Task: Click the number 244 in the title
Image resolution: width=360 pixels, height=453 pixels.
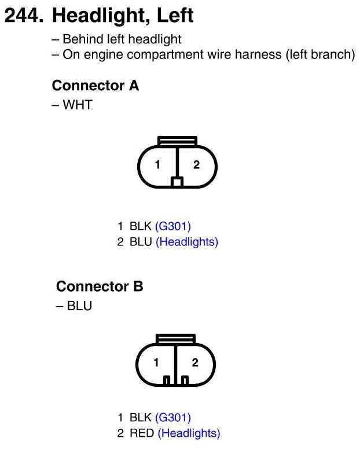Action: point(22,16)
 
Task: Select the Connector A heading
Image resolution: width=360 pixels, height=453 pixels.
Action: point(95,86)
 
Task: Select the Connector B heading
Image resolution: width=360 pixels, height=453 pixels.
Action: point(100,286)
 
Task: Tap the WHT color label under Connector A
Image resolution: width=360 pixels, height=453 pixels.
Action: point(78,105)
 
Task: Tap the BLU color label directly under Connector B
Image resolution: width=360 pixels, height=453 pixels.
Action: point(79,306)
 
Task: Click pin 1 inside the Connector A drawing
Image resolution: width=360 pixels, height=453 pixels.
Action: point(157,165)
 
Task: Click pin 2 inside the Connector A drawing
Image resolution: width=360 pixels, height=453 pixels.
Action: point(196,165)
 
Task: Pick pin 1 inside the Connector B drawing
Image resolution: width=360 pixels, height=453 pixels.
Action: point(156,363)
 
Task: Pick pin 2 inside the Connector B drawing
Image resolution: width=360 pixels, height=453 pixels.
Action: point(195,363)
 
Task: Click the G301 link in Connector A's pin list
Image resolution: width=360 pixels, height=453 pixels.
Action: point(173,226)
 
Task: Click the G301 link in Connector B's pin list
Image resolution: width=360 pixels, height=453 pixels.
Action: point(173,417)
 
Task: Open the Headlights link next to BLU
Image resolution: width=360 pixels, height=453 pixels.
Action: point(187,242)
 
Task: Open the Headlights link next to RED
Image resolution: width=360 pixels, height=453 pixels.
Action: point(189,433)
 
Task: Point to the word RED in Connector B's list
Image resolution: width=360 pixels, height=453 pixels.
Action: point(142,433)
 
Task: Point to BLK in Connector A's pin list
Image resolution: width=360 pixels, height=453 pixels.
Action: point(141,226)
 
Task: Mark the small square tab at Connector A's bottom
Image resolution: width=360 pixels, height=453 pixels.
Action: point(177,182)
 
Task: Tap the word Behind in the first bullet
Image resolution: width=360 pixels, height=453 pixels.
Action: point(81,39)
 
